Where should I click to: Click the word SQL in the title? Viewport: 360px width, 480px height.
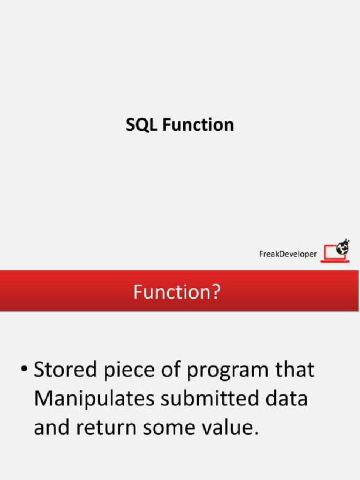tap(142, 125)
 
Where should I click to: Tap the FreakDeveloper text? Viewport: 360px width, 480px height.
tap(288, 254)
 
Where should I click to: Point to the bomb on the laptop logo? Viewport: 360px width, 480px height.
tap(344, 247)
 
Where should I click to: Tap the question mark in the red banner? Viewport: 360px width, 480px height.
tap(215, 292)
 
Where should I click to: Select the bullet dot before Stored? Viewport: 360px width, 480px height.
tap(23, 370)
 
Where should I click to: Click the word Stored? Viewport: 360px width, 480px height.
tap(63, 370)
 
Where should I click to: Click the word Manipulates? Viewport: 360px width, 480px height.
tap(94, 399)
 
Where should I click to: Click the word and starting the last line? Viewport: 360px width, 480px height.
tap(51, 428)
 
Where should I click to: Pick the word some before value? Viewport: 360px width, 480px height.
tap(180, 428)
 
